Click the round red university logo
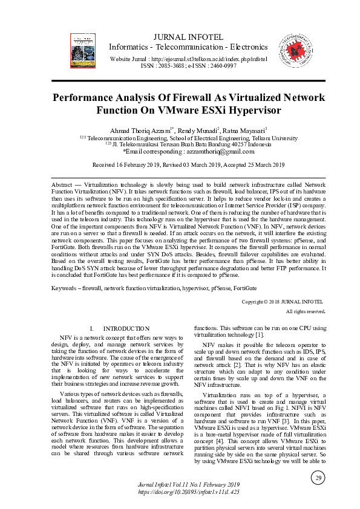coord(293,45)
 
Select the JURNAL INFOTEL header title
coord(189,37)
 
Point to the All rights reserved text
coord(306,311)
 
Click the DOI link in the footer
coord(189,492)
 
